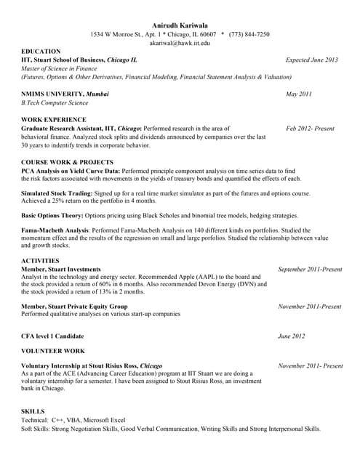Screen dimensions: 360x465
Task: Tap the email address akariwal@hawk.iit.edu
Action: point(179,44)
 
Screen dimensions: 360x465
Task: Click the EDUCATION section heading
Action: point(41,51)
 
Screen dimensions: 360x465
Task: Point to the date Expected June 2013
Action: point(312,60)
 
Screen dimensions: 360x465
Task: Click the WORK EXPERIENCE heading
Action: point(54,119)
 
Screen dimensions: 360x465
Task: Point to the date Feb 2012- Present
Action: point(310,128)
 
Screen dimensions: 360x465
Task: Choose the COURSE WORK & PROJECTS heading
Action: point(67,162)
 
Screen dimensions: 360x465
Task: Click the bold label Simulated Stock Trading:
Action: point(57,193)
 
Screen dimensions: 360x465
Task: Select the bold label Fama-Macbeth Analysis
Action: point(54,230)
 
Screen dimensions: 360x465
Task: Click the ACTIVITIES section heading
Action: point(40,260)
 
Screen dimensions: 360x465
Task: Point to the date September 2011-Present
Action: point(310,269)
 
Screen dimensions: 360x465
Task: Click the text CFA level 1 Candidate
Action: point(52,336)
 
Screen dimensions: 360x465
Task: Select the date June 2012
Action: point(292,336)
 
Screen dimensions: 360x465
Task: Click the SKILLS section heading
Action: point(33,411)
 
